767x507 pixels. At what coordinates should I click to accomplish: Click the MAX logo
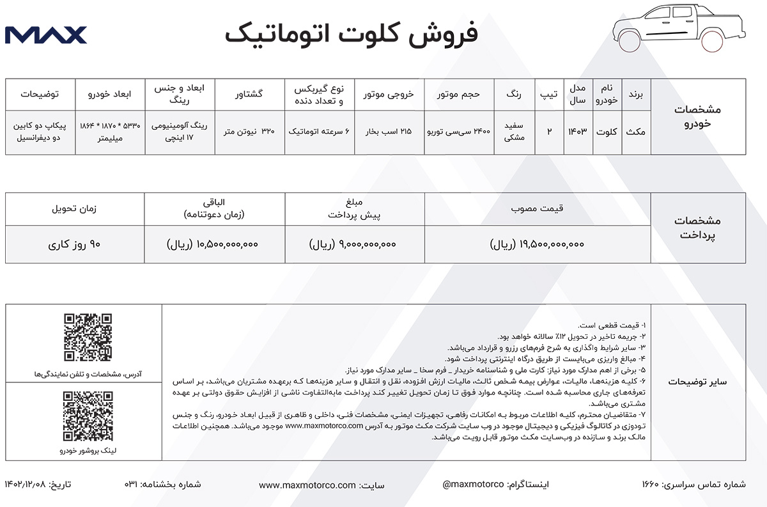pos(45,35)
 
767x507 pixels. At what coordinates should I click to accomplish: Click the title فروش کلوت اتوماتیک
pos(352,34)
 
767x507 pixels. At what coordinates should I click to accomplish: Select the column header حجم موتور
pos(458,94)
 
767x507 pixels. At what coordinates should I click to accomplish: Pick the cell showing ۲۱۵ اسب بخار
pos(389,131)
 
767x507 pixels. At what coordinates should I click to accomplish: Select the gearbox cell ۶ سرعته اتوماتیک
pos(319,131)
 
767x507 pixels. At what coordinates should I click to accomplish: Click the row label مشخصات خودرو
pos(697,116)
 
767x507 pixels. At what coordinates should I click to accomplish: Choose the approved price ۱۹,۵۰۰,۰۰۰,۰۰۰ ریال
pos(537,244)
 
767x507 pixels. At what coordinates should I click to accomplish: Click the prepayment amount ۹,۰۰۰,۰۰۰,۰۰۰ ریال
pos(353,244)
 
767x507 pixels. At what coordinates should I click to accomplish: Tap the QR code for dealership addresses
pos(88,338)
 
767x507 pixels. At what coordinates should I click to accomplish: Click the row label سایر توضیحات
pos(697,382)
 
